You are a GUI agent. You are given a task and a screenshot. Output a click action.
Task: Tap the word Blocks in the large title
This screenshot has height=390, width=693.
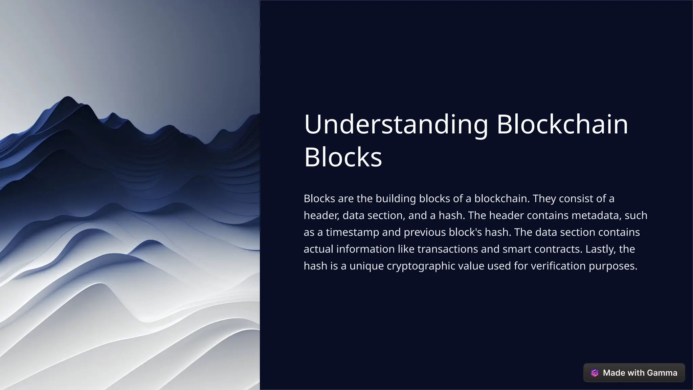343,157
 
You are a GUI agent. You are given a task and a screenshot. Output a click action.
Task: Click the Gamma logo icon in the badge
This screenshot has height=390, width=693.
595,373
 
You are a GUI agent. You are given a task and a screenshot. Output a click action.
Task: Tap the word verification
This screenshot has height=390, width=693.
558,266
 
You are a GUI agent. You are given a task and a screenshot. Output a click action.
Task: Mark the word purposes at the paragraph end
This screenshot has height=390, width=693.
613,266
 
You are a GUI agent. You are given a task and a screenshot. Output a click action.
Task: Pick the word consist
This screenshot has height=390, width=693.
576,198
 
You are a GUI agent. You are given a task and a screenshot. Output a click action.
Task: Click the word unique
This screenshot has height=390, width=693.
366,266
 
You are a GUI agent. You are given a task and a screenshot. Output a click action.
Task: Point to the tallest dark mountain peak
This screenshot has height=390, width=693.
67,99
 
